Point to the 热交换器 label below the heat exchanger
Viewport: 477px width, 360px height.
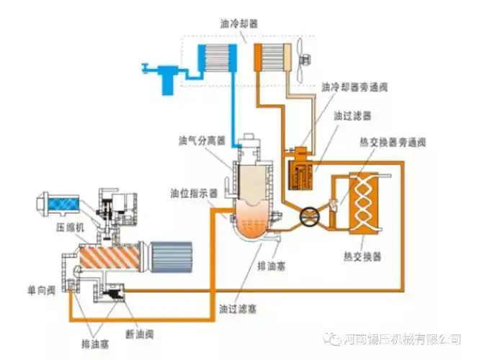(363, 256)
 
